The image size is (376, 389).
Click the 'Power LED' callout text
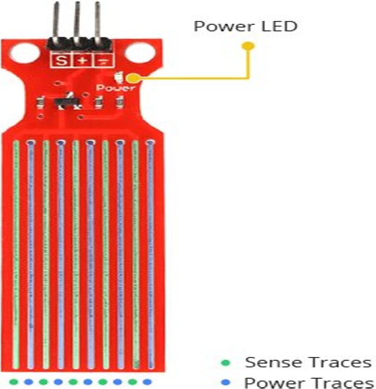coord(245,26)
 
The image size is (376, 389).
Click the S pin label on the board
coord(62,60)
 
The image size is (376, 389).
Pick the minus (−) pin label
coord(102,60)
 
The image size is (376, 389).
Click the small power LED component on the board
coord(117,78)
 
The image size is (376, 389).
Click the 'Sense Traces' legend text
coord(308,362)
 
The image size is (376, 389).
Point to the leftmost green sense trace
coord(16,251)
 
